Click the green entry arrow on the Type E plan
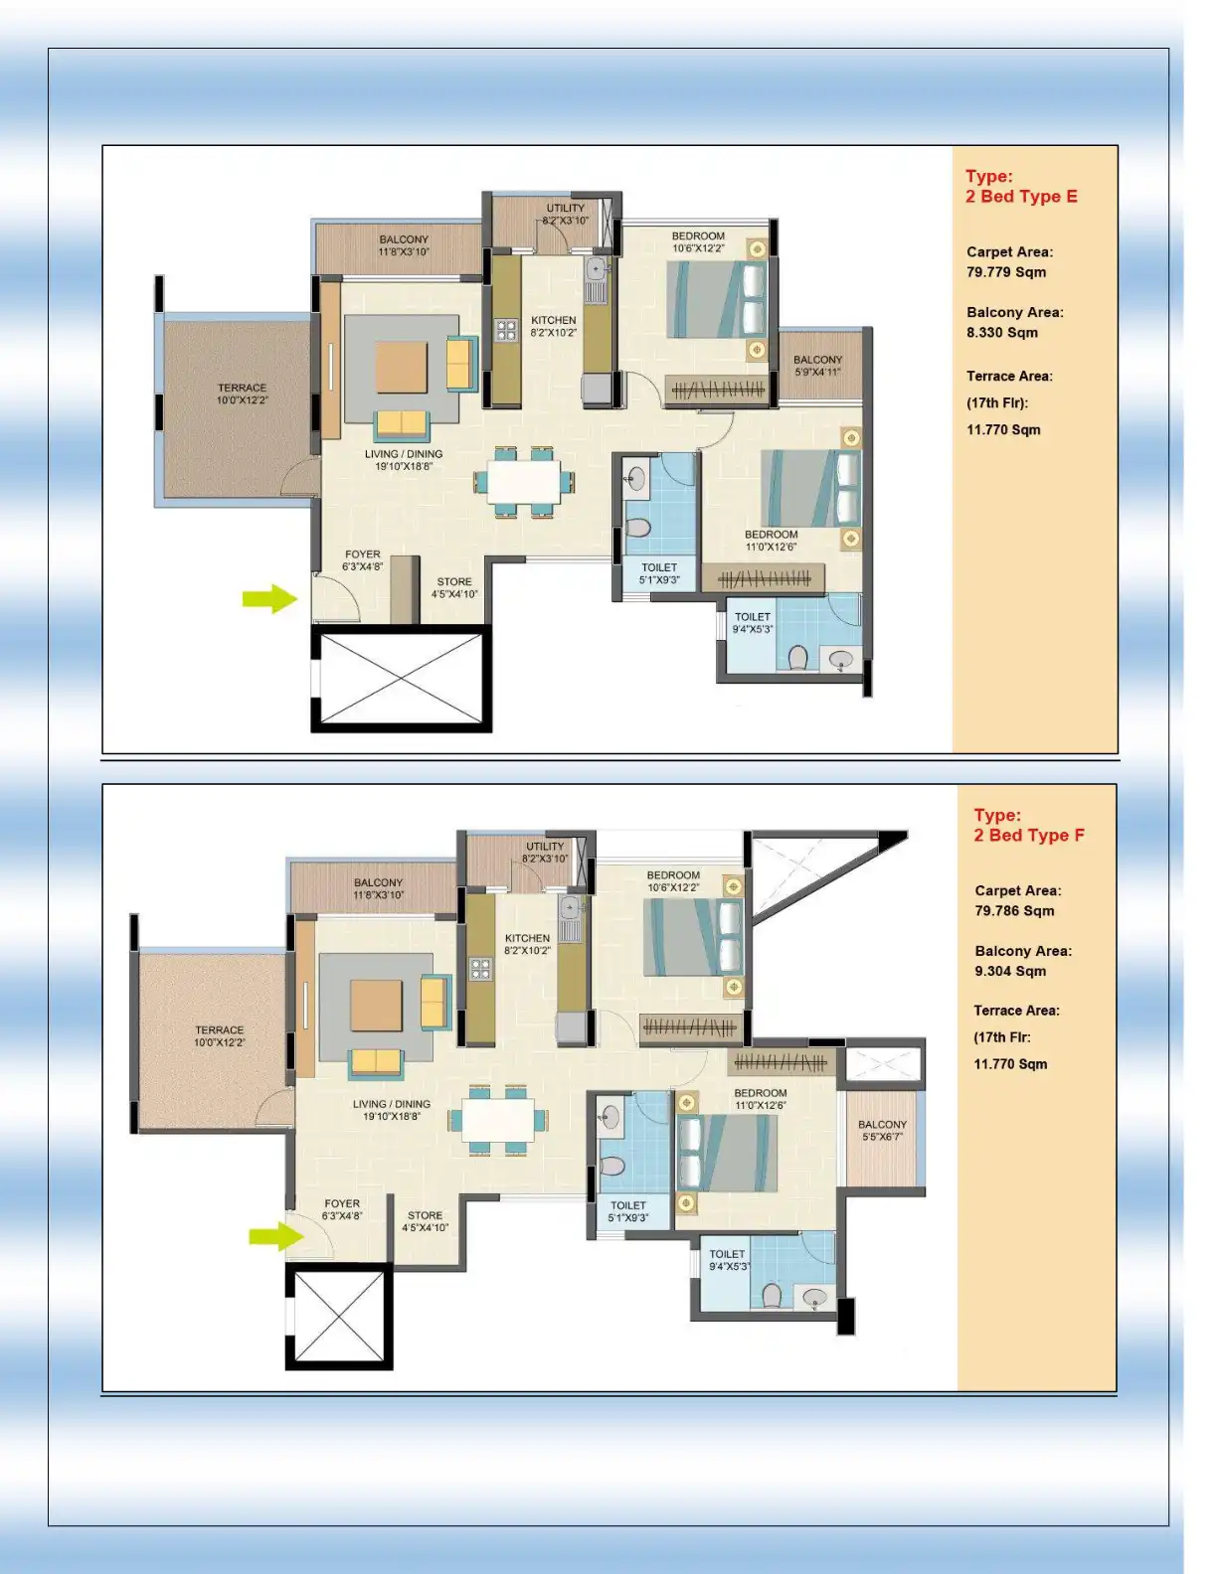click(x=269, y=598)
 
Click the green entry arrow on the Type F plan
click(x=275, y=1236)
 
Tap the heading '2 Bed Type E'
click(x=1021, y=196)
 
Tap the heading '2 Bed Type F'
click(x=1029, y=835)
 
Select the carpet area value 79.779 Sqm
click(x=1006, y=272)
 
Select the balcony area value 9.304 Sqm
click(x=1010, y=971)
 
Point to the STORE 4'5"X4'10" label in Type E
click(x=454, y=588)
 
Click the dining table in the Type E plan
click(x=524, y=482)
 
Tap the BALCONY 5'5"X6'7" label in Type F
click(x=882, y=1131)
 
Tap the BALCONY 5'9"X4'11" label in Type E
click(x=817, y=366)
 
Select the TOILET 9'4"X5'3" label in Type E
click(x=753, y=622)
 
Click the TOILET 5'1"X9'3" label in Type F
click(x=628, y=1210)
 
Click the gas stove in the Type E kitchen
click(x=506, y=330)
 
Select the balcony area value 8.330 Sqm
click(x=1002, y=332)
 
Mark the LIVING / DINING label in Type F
click(x=392, y=1109)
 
